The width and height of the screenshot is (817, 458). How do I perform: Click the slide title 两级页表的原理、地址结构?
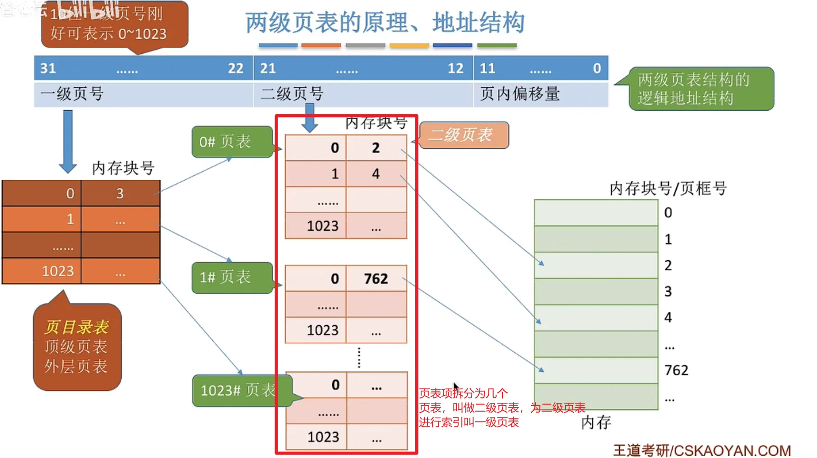(x=385, y=23)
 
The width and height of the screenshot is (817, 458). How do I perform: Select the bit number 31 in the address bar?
(x=48, y=68)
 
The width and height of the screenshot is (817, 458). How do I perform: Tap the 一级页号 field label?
(x=72, y=94)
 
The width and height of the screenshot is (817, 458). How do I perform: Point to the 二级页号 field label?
(x=292, y=94)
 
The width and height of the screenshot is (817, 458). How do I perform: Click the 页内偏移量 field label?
(x=520, y=94)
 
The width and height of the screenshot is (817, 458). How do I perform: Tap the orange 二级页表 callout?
(x=464, y=135)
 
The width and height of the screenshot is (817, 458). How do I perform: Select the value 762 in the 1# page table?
(x=376, y=279)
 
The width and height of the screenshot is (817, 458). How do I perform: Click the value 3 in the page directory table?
(x=120, y=193)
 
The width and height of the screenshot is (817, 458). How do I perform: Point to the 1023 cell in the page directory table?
(x=58, y=271)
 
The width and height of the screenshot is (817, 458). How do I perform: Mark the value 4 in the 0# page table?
(x=376, y=174)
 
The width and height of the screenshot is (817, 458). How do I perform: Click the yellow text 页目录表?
(x=77, y=327)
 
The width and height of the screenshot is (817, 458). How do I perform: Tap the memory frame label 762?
(x=676, y=370)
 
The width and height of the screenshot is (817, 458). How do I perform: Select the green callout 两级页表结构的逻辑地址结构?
(x=701, y=89)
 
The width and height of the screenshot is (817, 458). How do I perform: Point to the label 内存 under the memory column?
(x=596, y=423)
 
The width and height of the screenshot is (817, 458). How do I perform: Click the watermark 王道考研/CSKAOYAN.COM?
(x=701, y=450)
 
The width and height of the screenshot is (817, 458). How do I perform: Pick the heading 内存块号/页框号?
(x=668, y=188)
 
